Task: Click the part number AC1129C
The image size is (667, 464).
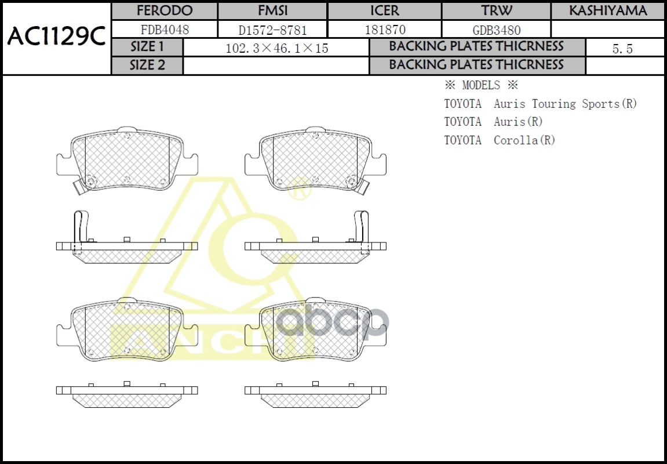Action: [x=56, y=38]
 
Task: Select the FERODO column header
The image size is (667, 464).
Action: [x=164, y=11]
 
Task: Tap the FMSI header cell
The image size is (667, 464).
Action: [x=272, y=11]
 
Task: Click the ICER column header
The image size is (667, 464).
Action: [x=384, y=11]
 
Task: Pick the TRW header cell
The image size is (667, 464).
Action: [x=496, y=11]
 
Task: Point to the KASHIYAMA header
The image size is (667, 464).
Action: [x=607, y=11]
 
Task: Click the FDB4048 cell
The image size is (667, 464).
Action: [x=164, y=30]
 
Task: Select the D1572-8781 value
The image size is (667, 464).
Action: [x=272, y=30]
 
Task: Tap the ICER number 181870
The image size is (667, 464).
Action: [x=384, y=30]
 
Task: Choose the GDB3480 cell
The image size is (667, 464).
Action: [x=496, y=30]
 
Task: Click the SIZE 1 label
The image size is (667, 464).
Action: [x=147, y=47]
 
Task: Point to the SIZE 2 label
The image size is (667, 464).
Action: [x=147, y=65]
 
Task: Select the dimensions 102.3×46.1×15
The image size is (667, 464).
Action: [x=276, y=48]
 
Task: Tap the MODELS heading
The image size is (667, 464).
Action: [x=480, y=85]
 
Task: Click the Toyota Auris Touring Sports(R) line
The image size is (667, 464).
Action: [x=540, y=104]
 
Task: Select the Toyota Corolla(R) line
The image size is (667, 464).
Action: [x=500, y=140]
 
